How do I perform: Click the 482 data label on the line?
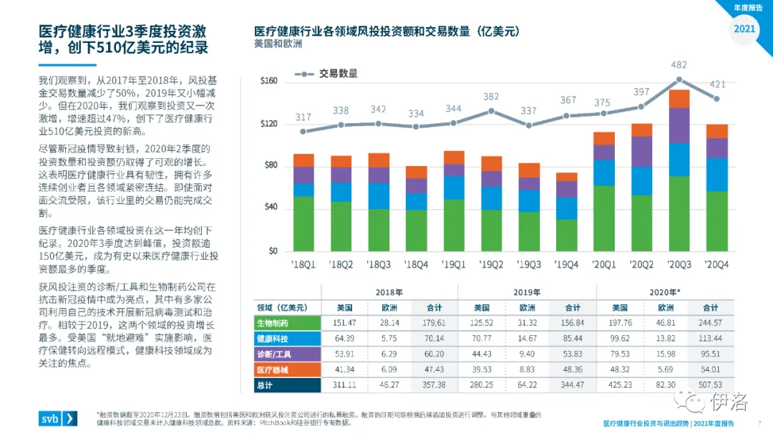point(679,65)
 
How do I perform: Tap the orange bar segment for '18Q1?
point(303,160)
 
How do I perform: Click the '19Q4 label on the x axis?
point(567,264)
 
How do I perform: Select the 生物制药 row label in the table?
point(273,322)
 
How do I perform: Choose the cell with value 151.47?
point(345,322)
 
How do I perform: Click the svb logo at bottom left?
point(58,419)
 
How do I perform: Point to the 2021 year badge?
point(745,29)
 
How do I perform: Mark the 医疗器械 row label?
point(273,369)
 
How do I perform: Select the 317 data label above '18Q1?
point(303,117)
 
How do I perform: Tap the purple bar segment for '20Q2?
point(641,151)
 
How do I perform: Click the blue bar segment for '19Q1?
point(454,188)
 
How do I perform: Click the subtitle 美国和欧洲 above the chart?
point(278,44)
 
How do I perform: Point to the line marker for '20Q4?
point(716,99)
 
